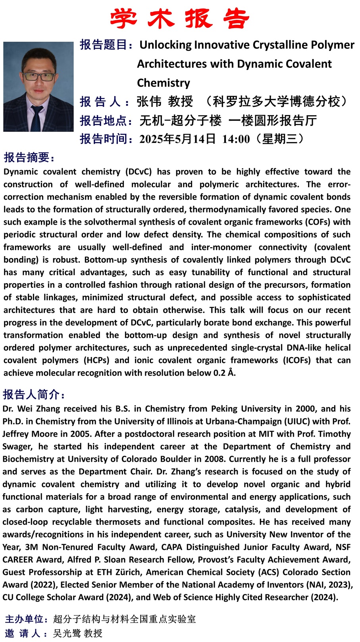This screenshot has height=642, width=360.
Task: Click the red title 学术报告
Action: pyautogui.click(x=180, y=19)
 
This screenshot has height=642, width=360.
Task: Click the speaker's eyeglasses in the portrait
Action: pyautogui.click(x=38, y=76)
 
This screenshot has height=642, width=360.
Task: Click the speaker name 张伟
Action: pyautogui.click(x=149, y=102)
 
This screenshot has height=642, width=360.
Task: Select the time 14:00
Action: pyautogui.click(x=236, y=139)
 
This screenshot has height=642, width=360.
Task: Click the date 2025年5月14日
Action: pyautogui.click(x=177, y=139)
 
